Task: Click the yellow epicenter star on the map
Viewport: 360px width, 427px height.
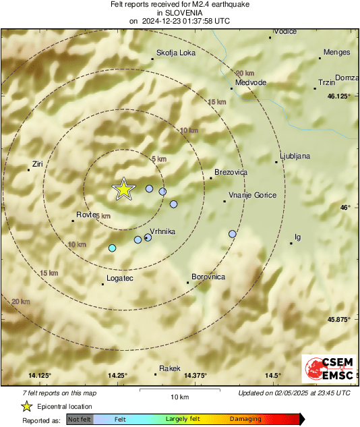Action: pos(124,190)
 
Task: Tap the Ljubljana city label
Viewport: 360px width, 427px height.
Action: pos(295,156)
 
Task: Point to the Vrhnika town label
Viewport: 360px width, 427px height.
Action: pos(162,231)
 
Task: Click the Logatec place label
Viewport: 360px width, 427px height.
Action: pos(121,278)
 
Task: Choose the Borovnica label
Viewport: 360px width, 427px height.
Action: pos(208,277)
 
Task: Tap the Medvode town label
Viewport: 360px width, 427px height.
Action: pos(249,82)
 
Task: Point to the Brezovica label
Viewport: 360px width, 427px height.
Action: pos(231,173)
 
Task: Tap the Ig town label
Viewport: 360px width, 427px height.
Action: pos(298,237)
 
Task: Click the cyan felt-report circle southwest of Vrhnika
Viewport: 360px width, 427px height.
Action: pos(113,248)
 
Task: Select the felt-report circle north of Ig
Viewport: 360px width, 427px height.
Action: pos(233,234)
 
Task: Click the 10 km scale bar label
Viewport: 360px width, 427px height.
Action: pos(179,396)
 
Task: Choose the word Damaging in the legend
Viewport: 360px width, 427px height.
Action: pos(245,419)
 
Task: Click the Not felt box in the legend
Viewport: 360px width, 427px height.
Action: pos(80,419)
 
